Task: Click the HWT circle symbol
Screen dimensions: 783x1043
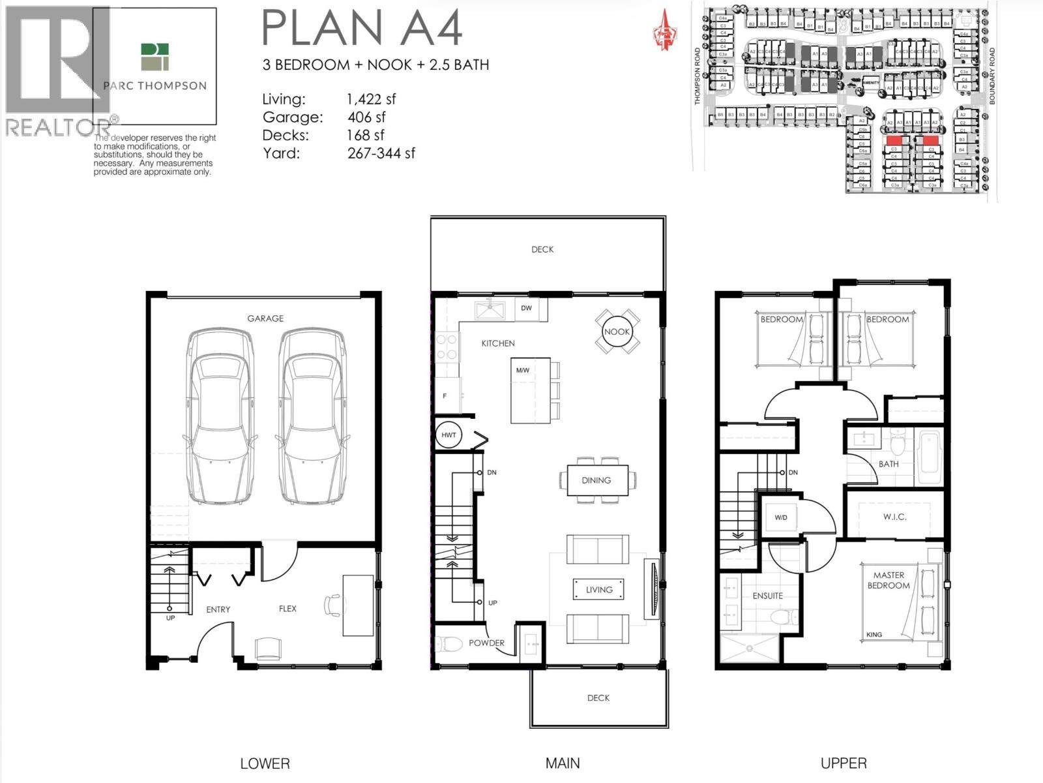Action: (448, 435)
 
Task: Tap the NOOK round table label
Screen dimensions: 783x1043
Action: (617, 331)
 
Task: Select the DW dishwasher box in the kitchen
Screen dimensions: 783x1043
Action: (527, 308)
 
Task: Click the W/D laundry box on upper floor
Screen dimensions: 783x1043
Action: (781, 517)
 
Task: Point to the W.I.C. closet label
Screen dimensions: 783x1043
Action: (895, 517)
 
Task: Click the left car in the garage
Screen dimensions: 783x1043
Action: (220, 418)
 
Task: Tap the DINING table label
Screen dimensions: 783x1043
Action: (596, 480)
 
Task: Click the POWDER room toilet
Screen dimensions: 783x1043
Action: (448, 643)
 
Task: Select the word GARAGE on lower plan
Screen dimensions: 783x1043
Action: (265, 318)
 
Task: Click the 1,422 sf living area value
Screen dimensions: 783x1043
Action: (371, 99)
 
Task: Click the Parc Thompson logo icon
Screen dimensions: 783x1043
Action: (154, 57)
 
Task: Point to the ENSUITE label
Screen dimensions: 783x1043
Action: (767, 596)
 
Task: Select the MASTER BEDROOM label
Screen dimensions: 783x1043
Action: (889, 580)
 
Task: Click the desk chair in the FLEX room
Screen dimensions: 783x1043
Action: (332, 605)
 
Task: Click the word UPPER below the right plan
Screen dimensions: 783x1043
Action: (844, 763)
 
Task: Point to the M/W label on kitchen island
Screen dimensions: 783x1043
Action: (522, 371)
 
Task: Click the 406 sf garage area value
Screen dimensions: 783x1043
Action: (366, 117)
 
